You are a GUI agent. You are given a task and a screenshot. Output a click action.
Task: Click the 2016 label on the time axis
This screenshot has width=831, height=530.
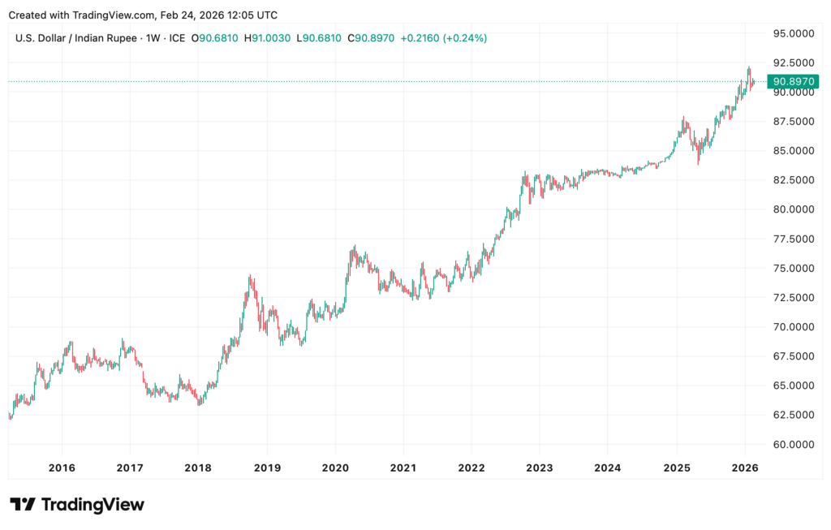pos(62,468)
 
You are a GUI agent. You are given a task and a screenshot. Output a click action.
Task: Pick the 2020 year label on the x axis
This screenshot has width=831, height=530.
pos(334,468)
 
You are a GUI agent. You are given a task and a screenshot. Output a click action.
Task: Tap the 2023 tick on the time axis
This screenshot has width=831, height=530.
pos(539,468)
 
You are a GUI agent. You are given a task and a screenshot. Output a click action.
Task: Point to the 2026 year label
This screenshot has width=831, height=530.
pos(744,468)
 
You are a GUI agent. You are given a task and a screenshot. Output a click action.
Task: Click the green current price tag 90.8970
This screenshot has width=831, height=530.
pos(794,81)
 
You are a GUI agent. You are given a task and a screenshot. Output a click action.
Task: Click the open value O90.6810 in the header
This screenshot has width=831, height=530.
pos(214,38)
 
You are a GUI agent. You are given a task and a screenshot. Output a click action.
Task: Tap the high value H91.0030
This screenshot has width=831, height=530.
pos(267,38)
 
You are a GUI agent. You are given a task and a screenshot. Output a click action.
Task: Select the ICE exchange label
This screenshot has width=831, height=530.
pos(176,38)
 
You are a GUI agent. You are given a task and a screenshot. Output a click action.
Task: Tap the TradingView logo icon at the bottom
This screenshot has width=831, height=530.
pos(23,504)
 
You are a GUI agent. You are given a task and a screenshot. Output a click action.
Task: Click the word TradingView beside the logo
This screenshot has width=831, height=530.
pos(93,504)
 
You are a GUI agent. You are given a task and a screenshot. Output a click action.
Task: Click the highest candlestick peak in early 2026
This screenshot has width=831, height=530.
pos(748,68)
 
